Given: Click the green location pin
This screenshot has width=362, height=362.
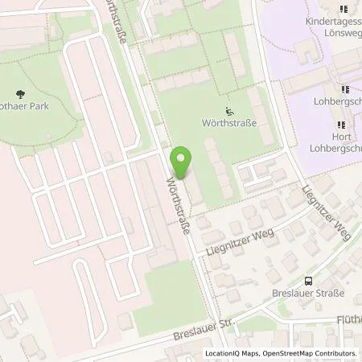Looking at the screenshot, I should (x=182, y=163).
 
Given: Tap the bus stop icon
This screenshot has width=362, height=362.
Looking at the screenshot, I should (x=309, y=281).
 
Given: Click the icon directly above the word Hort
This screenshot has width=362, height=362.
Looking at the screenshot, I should (x=341, y=124).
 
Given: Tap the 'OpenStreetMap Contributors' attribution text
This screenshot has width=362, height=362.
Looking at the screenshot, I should (x=316, y=353).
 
